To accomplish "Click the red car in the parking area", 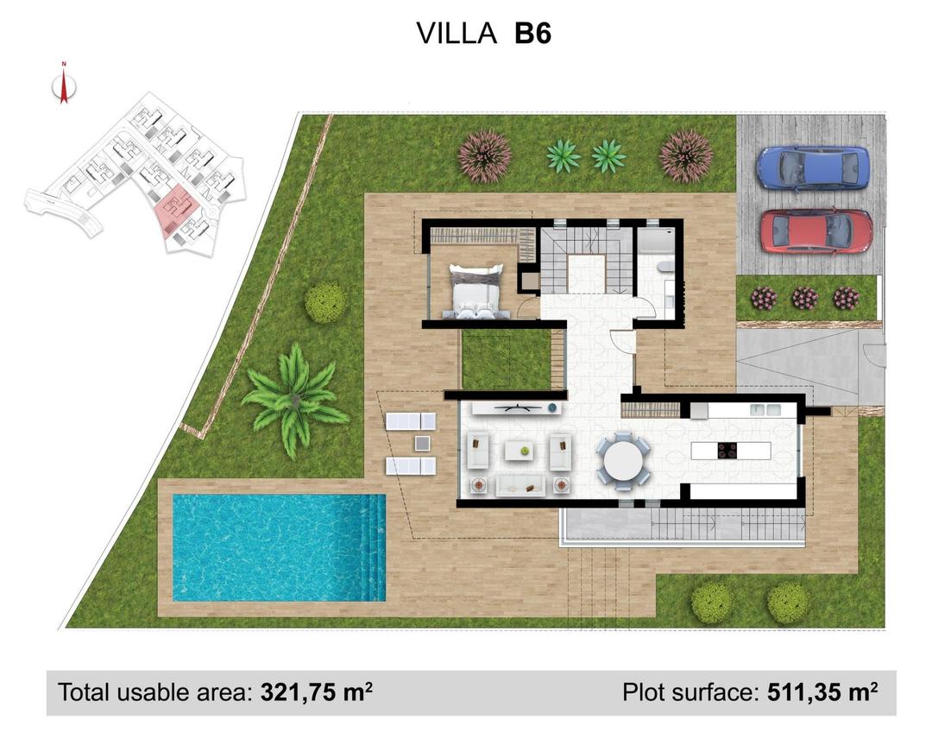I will (815, 231).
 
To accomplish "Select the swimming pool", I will (278, 546).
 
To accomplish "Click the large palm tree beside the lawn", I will (294, 398).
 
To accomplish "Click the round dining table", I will (624, 463).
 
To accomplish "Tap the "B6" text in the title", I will (532, 33).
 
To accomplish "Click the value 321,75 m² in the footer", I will (316, 692).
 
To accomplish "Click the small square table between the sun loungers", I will (421, 443).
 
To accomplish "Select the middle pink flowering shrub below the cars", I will (804, 298).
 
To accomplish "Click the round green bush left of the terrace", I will (325, 301).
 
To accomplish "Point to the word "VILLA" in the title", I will (457, 33).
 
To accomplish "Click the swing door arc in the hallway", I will (623, 341).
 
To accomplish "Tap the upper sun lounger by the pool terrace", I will (411, 420).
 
